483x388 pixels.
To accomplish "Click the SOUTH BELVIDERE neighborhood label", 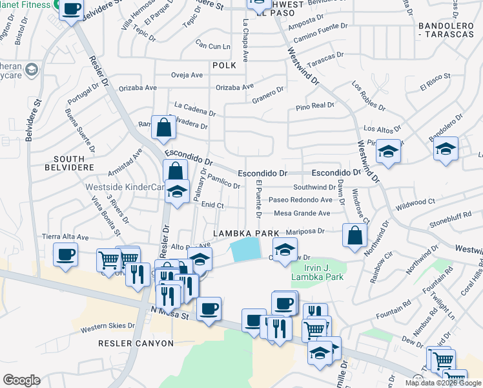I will point(69,164).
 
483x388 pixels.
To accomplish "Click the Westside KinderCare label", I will point(125,188).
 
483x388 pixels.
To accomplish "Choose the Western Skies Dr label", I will point(107,327).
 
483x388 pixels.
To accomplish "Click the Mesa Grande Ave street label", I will point(302,213).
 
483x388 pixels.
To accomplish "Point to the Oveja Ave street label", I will point(187,75).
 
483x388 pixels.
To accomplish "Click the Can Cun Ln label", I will point(213,47).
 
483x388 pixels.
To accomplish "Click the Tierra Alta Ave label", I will point(65,237).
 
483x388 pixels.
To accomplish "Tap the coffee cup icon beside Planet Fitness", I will point(72,9).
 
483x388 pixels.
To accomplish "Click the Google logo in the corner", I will point(21,380).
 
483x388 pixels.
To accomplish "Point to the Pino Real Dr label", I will point(315,105).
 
